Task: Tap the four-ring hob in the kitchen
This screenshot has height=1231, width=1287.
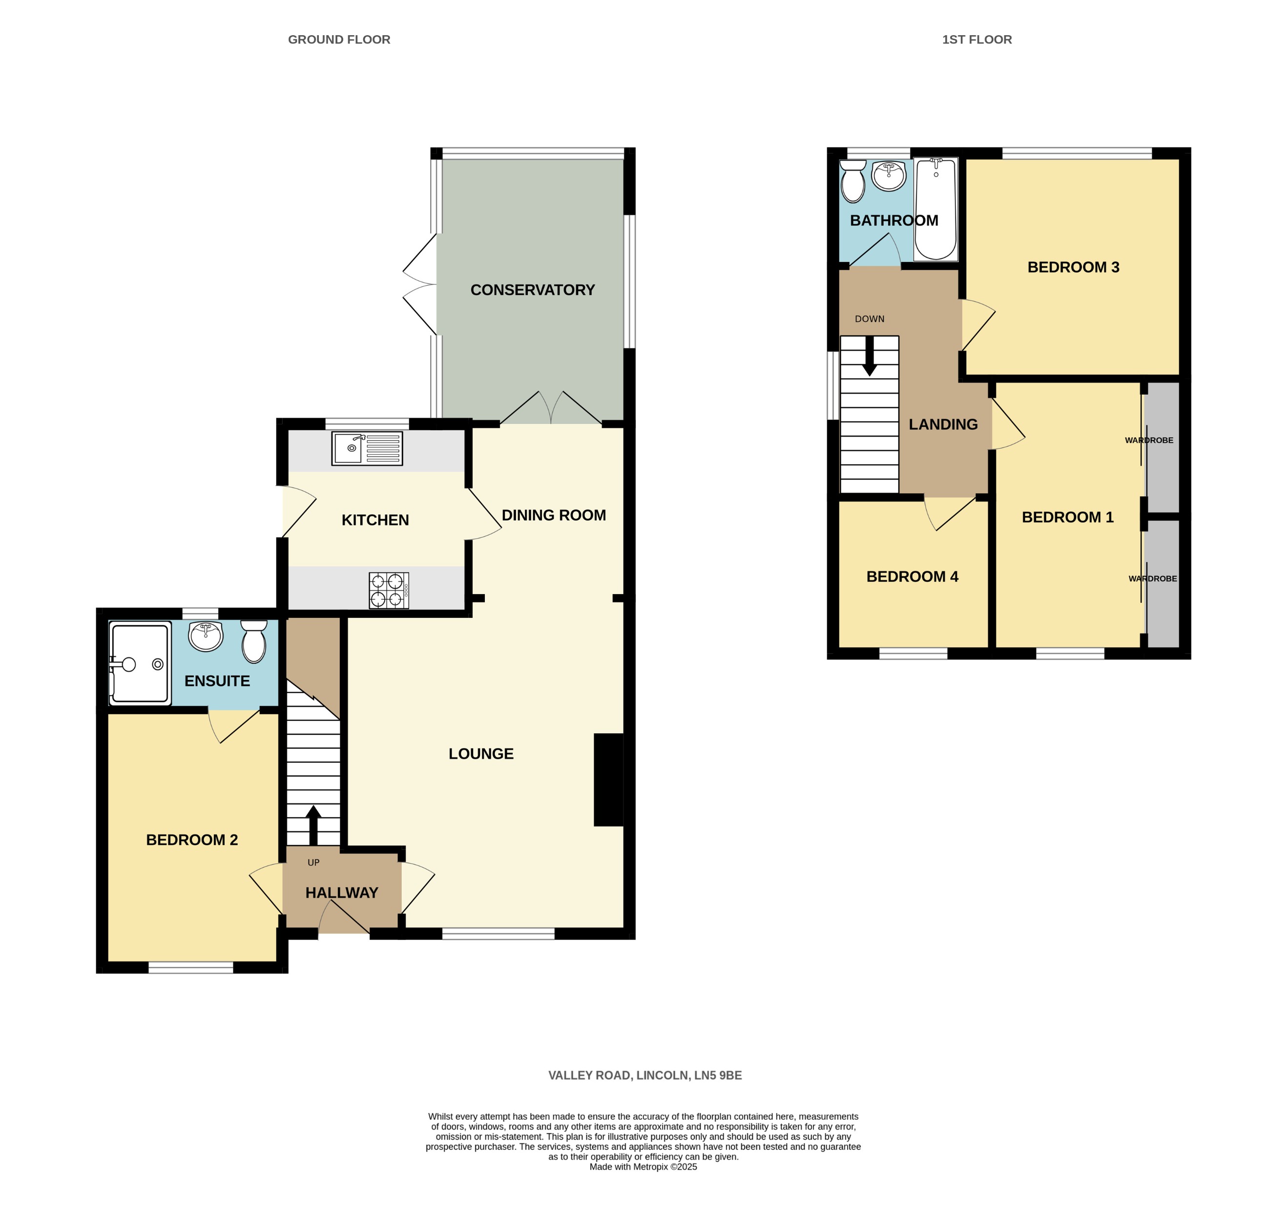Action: [x=388, y=590]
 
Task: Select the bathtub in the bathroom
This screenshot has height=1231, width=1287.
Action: [x=935, y=209]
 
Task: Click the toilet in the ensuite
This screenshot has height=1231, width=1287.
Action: [x=254, y=642]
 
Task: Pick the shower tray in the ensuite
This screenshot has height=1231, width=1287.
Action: [x=140, y=663]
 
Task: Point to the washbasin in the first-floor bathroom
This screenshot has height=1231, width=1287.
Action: [x=889, y=176]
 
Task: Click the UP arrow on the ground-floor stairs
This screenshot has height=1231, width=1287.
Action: [x=313, y=825]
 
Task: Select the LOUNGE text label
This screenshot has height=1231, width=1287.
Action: [x=481, y=754]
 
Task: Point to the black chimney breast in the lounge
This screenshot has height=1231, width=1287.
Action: [x=608, y=780]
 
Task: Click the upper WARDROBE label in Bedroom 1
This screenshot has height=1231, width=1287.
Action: [x=1149, y=440]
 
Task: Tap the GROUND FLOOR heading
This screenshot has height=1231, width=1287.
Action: [x=339, y=40]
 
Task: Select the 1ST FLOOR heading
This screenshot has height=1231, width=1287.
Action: [x=977, y=40]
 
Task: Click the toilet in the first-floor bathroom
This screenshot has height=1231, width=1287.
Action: [x=853, y=182]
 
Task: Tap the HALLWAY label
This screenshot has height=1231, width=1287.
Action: [x=342, y=893]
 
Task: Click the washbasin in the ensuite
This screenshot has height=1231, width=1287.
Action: [x=206, y=636]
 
